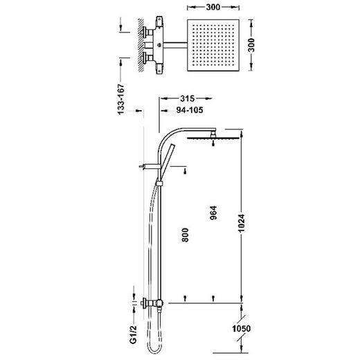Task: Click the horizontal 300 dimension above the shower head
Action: pos(213,7)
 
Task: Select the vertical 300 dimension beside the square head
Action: pos(251,45)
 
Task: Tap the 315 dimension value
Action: pos(187,98)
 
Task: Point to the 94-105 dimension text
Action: pos(190,110)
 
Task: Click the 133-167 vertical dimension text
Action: pos(121,99)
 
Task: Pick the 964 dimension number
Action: pos(213,213)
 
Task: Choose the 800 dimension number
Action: pos(185,235)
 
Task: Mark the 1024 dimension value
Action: pos(242,224)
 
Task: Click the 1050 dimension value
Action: pos(242,328)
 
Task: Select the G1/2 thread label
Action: pos(134,334)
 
